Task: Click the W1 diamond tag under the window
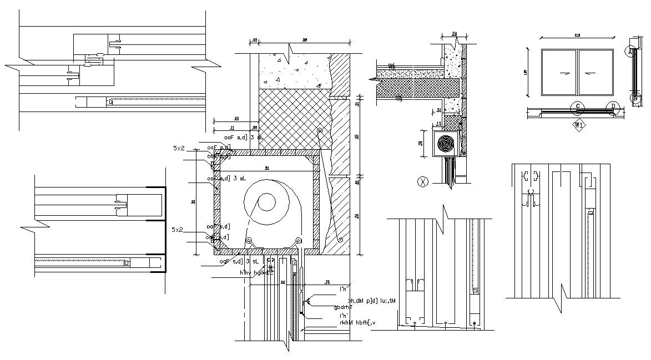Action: point(579,125)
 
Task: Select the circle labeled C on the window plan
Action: point(578,106)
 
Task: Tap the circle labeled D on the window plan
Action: point(613,106)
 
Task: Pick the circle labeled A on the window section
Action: point(629,51)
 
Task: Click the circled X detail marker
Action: point(423,181)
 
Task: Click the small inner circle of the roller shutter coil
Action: point(268,202)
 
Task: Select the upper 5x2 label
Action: point(179,149)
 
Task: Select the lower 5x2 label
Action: point(178,230)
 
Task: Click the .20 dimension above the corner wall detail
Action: point(453,34)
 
